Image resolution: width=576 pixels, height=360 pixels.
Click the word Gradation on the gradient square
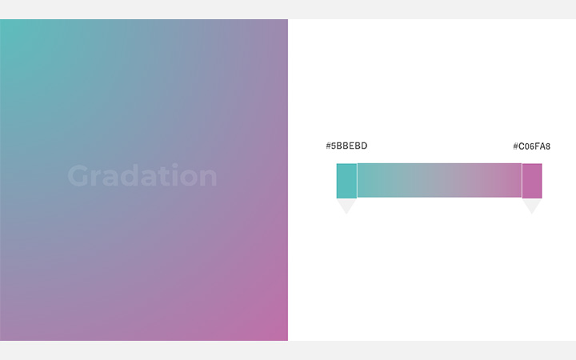(142, 176)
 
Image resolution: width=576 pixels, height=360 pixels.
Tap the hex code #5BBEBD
(346, 146)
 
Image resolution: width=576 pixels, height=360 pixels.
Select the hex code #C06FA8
(531, 146)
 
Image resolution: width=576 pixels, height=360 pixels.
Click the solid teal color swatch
(346, 181)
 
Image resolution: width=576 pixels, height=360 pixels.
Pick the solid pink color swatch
(532, 181)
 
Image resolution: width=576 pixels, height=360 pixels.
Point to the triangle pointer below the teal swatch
(346, 206)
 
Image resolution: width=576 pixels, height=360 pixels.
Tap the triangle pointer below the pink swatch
(532, 206)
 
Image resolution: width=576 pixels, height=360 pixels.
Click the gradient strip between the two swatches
(439, 180)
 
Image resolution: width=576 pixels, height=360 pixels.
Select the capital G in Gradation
(78, 176)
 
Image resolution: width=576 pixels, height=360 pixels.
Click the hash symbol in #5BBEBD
(329, 146)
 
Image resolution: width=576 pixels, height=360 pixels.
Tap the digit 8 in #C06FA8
(547, 146)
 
